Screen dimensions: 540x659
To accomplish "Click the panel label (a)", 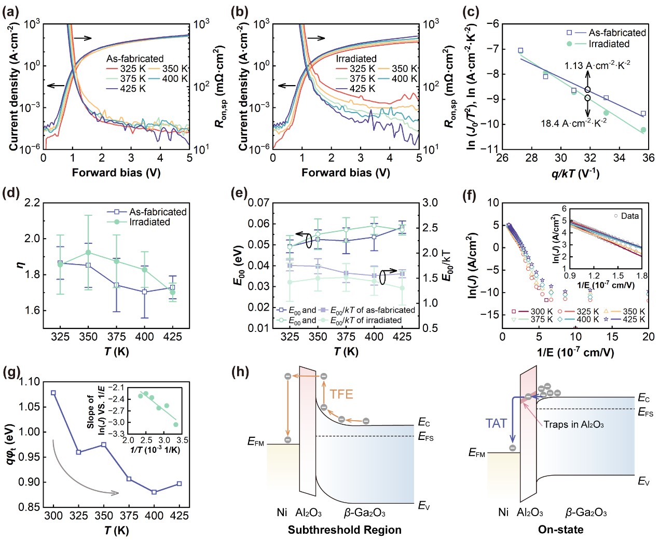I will click(11, 11).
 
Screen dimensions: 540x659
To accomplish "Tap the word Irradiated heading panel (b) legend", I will click(356, 59).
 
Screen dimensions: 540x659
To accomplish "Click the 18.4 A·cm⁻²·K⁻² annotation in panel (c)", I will click(574, 123).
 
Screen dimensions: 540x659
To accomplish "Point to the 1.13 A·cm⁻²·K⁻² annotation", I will click(597, 65).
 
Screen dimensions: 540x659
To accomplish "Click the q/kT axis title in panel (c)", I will click(575, 173).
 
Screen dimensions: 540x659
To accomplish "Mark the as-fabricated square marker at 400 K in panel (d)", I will click(145, 292).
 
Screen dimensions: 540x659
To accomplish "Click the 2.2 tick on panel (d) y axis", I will click(32, 203).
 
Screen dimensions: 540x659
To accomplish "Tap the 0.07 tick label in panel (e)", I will click(258, 203).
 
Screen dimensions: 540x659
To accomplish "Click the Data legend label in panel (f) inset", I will click(629, 216).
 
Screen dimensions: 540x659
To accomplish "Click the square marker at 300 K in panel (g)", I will click(53, 393).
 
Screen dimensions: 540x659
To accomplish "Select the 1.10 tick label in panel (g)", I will click(29, 382).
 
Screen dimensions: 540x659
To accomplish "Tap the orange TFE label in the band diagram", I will click(341, 394).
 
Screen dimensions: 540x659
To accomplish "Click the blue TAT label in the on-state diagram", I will click(496, 424).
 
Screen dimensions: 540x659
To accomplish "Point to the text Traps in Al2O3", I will click(573, 424).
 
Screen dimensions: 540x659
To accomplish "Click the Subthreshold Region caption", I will click(345, 530).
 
